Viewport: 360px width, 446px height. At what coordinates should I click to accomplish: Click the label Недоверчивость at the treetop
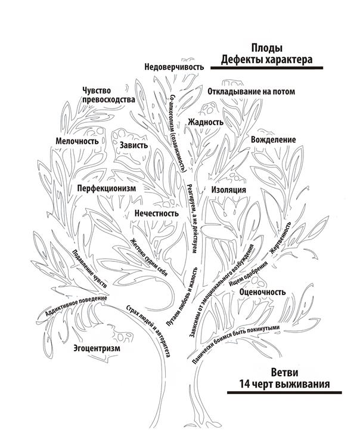(x=174, y=67)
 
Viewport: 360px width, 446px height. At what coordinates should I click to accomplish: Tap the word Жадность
(x=206, y=122)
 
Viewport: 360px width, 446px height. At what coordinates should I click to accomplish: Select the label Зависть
(x=134, y=145)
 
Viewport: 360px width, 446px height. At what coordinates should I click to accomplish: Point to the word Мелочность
(x=77, y=141)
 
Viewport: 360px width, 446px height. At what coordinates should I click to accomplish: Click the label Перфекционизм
(x=107, y=188)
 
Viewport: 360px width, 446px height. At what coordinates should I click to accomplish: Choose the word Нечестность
(x=157, y=213)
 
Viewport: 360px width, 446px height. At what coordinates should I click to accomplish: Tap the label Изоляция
(x=229, y=190)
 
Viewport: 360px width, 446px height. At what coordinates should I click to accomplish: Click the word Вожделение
(x=273, y=140)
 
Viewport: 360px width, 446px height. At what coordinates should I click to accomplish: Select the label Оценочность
(x=262, y=292)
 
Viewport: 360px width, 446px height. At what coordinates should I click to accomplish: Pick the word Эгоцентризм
(x=97, y=348)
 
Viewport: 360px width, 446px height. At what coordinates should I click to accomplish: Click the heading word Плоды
(x=267, y=48)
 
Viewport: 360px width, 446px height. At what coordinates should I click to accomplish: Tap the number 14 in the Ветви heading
(x=244, y=384)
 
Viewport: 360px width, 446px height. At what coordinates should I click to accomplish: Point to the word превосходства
(x=108, y=100)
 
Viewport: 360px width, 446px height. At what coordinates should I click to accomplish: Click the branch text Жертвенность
(x=280, y=238)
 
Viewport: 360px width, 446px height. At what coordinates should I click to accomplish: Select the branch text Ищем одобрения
(x=249, y=274)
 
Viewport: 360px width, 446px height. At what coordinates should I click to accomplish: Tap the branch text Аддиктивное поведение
(x=76, y=306)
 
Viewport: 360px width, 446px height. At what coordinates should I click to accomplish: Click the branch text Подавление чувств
(x=89, y=269)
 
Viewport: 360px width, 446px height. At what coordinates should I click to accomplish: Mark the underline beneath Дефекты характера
(x=267, y=68)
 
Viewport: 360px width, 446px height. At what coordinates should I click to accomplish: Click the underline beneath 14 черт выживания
(x=284, y=393)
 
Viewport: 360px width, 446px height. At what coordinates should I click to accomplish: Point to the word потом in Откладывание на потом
(x=284, y=92)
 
